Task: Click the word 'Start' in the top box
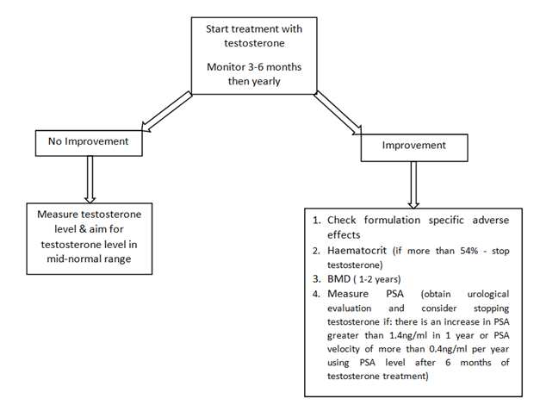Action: tap(217, 29)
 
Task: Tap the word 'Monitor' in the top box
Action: tap(224, 67)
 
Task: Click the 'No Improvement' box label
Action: tap(88, 141)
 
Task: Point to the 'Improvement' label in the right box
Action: tap(414, 145)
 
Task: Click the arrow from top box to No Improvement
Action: tap(167, 112)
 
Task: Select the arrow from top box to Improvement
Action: tap(338, 113)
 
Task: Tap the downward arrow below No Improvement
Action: tap(90, 179)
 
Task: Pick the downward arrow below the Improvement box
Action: tap(413, 185)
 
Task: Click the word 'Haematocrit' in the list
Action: tap(357, 251)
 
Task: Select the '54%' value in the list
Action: tap(469, 251)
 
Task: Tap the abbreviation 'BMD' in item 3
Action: tap(338, 278)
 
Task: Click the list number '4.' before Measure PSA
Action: tap(317, 294)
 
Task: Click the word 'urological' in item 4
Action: tap(488, 294)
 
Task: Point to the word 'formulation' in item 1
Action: tap(392, 220)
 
